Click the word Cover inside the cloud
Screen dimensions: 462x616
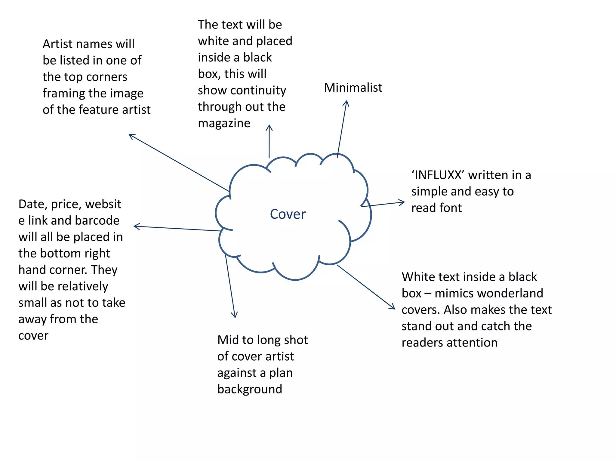288,214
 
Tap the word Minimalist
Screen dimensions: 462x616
353,88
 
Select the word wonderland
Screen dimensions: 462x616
489,293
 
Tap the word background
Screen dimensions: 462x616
250,389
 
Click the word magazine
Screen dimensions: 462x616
224,123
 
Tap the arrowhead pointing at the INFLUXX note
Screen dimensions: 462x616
403,202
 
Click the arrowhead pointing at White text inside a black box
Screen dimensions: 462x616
393,307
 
